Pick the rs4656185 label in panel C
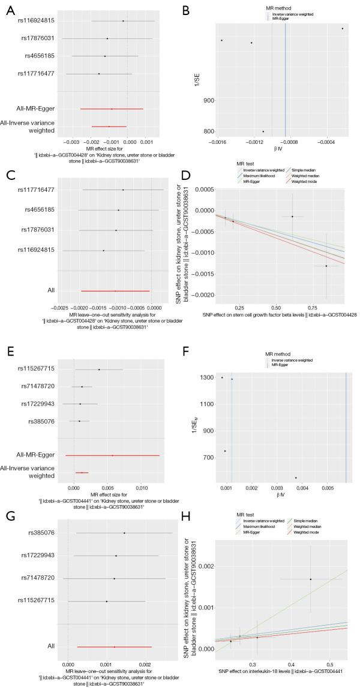click(40, 210)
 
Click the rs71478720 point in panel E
click(82, 387)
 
